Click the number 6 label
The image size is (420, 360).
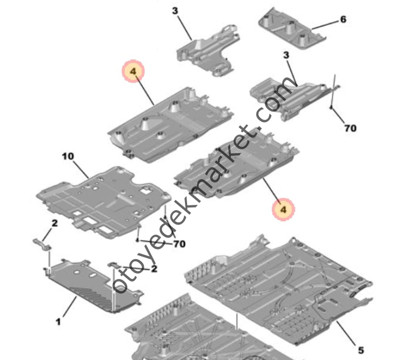pos(343,19)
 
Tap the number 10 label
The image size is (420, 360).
pos(68,156)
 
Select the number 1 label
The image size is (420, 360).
pos(58,322)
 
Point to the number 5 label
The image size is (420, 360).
pos(361,350)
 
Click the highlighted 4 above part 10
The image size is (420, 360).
pos(133,71)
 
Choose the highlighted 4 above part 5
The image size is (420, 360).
pos(284,210)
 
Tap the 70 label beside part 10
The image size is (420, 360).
pos(180,244)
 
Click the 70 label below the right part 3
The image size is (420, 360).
pos(350,128)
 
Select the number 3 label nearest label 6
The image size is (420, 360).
pos(286,55)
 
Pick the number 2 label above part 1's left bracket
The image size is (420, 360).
pos(55,223)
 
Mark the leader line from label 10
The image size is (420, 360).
pos(80,170)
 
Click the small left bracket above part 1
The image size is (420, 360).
pos(42,244)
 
